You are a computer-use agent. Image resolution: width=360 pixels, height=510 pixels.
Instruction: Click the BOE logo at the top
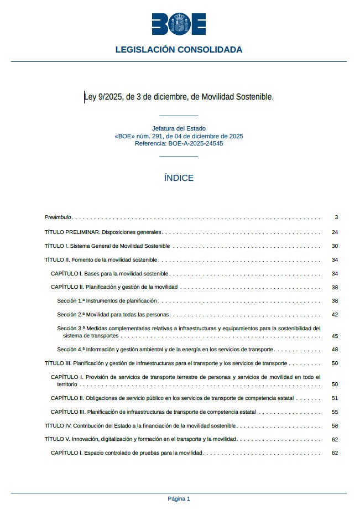tap(179, 24)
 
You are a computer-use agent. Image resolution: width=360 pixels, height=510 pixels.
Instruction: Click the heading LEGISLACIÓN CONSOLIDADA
tap(179, 50)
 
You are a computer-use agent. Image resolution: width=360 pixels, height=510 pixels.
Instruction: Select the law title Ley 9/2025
tap(179, 97)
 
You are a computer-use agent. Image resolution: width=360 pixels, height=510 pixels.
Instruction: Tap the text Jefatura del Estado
tap(179, 128)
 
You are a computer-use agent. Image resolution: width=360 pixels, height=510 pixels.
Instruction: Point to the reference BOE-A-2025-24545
tap(179, 143)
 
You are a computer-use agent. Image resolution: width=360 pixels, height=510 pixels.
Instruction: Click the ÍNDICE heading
tap(179, 178)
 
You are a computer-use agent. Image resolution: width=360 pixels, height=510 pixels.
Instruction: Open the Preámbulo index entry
tap(58, 217)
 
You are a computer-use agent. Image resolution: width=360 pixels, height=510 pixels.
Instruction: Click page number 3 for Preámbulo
tap(336, 217)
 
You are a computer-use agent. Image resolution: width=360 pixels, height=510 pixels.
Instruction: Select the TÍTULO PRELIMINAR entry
tap(103, 232)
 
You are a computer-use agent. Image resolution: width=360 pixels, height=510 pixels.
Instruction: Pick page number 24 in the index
tap(335, 232)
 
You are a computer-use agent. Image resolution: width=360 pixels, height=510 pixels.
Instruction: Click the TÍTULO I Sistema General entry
tap(107, 246)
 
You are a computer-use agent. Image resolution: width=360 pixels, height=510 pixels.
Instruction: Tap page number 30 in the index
tap(335, 246)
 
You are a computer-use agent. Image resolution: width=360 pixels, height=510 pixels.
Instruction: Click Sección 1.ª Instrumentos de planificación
tap(107, 301)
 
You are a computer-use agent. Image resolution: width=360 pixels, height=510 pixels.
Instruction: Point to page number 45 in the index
tap(335, 336)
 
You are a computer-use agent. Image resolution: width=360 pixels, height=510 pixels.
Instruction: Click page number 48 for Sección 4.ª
tap(335, 350)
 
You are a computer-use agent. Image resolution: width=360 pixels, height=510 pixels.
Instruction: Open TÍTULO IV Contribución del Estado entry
tap(140, 426)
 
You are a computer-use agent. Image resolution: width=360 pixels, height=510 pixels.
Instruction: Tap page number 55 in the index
tap(335, 412)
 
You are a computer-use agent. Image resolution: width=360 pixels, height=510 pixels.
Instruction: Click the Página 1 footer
tap(179, 499)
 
